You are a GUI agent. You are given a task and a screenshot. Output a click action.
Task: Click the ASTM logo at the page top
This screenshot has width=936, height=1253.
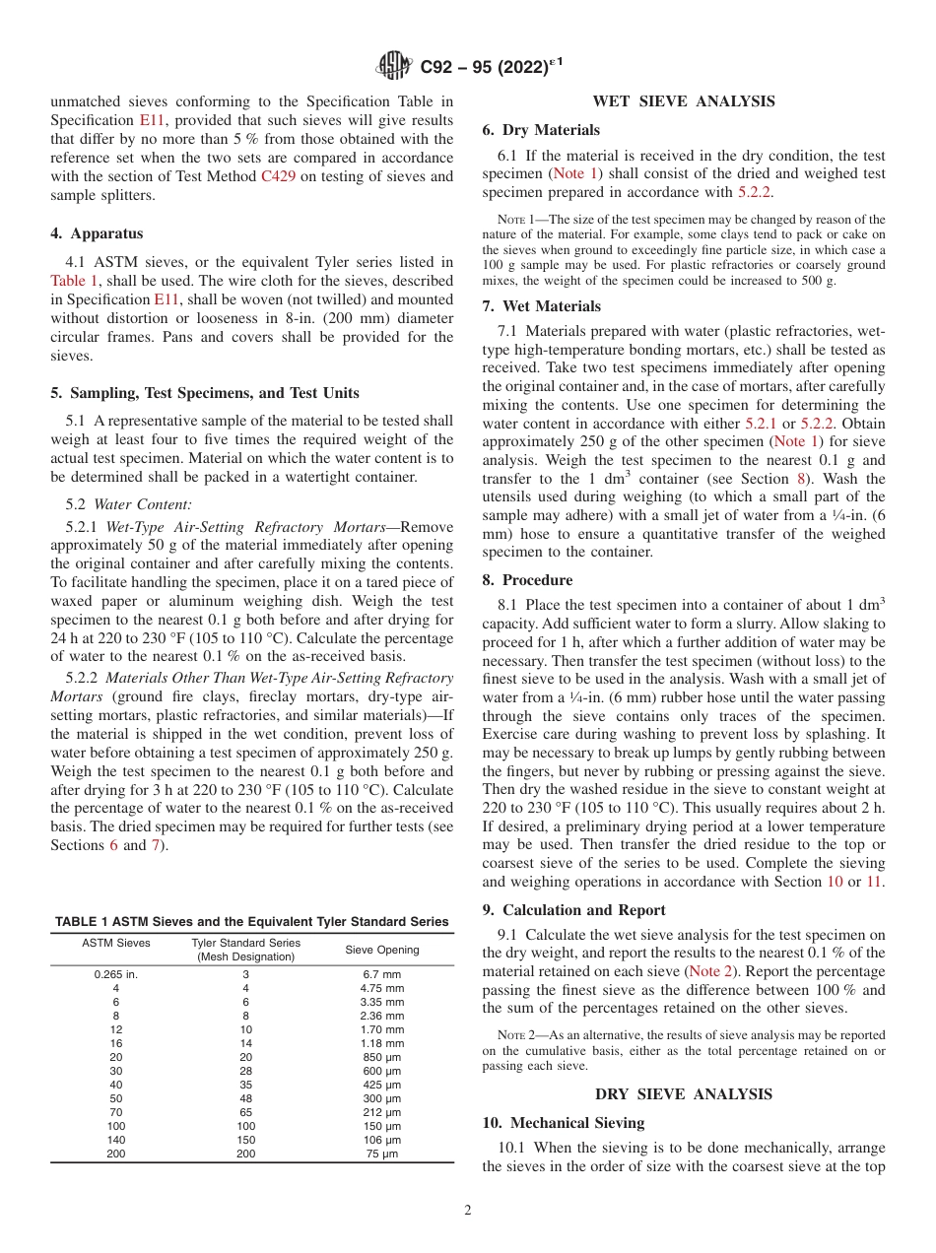394,67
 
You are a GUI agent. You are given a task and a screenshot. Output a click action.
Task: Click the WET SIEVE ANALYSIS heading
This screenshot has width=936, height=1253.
683,101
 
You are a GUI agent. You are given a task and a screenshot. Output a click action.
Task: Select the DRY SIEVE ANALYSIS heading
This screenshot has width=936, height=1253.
683,1094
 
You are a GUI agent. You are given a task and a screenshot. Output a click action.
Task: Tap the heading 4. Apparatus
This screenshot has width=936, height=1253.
97,233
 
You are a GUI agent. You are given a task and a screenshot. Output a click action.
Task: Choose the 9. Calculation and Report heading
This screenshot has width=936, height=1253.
573,910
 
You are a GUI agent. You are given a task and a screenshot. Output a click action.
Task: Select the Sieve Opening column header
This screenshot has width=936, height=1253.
381,950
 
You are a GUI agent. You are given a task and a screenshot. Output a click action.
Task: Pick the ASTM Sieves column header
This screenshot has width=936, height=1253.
115,943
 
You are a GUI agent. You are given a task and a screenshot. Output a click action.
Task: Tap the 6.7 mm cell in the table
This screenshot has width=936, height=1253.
381,974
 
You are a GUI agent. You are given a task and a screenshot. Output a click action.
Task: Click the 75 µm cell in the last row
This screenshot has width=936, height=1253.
381,1154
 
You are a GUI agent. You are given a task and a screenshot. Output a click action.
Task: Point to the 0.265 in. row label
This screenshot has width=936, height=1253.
115,974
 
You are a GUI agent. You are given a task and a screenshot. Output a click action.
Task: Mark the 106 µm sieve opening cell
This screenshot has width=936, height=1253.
381,1140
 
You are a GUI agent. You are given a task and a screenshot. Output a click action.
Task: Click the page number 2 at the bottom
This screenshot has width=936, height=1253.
467,1211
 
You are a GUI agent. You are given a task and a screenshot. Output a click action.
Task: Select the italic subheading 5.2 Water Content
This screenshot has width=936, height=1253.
106,504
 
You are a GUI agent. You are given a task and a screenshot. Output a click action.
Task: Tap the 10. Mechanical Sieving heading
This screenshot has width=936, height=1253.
563,1123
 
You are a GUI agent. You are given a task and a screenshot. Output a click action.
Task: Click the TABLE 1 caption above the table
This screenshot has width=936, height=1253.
251,922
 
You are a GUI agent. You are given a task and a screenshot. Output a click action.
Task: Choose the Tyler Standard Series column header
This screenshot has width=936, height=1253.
245,950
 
